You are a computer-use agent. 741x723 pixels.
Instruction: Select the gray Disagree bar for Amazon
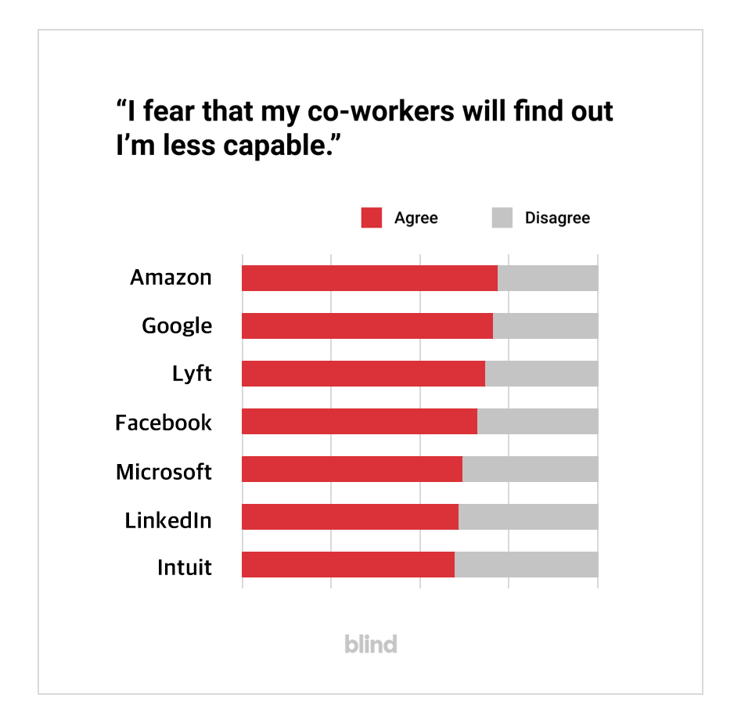tap(548, 278)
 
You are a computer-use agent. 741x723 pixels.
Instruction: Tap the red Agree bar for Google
tap(367, 326)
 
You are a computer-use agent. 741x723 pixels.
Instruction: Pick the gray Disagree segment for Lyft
tap(541, 373)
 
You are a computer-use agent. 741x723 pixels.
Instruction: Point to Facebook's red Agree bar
tap(359, 421)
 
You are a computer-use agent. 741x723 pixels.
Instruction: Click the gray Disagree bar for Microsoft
tap(531, 469)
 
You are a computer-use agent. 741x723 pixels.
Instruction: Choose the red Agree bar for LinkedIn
tap(350, 516)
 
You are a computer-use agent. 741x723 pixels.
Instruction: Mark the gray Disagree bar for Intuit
tap(527, 564)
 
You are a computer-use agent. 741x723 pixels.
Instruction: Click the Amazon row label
tap(171, 278)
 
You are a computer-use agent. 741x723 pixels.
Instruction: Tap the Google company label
tap(177, 326)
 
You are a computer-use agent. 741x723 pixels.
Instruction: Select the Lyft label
tap(192, 374)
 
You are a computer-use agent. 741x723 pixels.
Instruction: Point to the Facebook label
tap(164, 423)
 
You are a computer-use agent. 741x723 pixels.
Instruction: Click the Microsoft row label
tap(164, 472)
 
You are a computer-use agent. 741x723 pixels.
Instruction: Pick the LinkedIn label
tap(168, 520)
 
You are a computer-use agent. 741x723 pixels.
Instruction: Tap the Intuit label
tap(185, 567)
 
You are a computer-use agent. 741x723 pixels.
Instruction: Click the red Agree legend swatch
tap(371, 218)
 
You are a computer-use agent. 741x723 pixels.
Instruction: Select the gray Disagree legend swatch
tap(502, 218)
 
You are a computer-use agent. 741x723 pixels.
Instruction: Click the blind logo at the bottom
tap(371, 644)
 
